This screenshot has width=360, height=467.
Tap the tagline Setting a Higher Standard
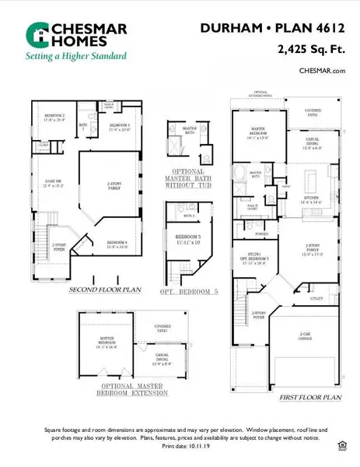coord(76,56)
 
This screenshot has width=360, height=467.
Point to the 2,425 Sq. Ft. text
coord(311,49)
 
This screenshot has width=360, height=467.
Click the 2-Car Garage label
coord(309,337)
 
